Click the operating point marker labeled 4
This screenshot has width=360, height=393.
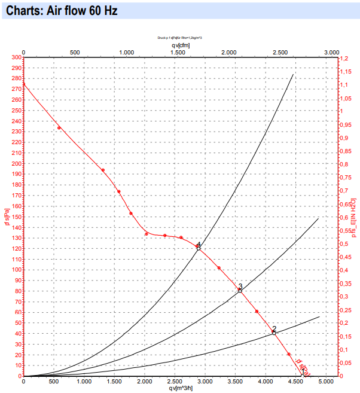[199, 247]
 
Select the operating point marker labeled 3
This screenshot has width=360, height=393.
[240, 290]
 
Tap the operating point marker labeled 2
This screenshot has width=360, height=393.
[274, 332]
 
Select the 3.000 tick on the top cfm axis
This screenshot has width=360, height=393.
[331, 53]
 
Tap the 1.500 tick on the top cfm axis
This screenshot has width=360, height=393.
[177, 53]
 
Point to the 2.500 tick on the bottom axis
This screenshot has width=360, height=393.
[175, 381]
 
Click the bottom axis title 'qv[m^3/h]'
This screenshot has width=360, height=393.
[181, 388]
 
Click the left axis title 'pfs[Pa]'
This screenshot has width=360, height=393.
[6, 217]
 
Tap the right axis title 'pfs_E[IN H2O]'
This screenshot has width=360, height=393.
[353, 217]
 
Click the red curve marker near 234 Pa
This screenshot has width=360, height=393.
[59, 128]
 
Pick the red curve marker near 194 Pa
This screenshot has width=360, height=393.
[103, 170]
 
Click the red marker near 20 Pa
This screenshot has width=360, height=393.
[289, 355]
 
